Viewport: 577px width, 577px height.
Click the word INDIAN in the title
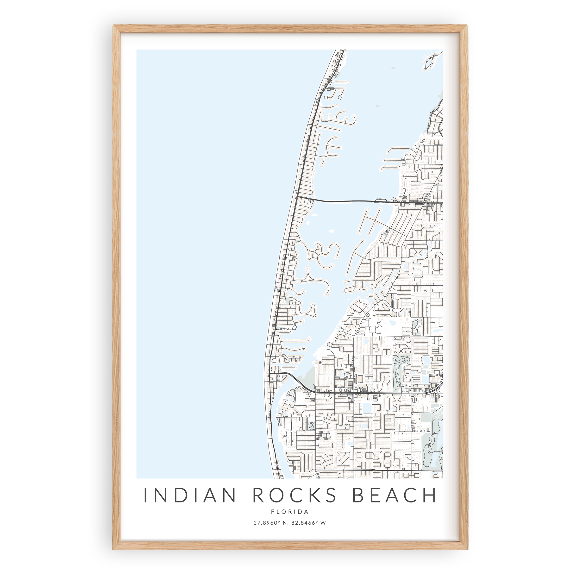[190, 495]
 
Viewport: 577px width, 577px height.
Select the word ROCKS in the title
[294, 495]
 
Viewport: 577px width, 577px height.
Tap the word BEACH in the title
[394, 495]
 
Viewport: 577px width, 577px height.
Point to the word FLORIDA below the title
[290, 512]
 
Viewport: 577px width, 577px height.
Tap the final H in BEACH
[429, 495]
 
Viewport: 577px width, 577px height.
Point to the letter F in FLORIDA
[272, 512]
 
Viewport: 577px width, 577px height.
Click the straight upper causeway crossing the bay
[344, 201]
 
